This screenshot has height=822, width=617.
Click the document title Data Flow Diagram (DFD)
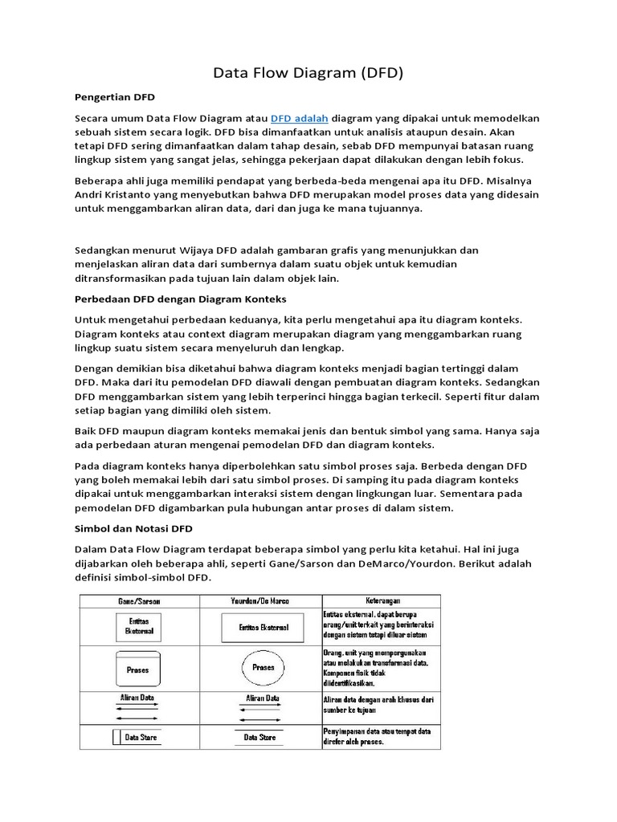coord(308,74)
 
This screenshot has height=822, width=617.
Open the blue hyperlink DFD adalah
coord(300,118)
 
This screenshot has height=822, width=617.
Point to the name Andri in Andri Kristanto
coord(90,194)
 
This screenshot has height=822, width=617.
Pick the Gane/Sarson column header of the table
coord(140,600)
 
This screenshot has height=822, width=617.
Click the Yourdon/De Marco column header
coord(261,600)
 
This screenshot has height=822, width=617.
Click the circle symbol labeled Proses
coord(263,667)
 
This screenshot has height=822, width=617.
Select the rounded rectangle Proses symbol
coord(137,669)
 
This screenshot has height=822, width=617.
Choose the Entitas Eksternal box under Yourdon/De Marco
coord(263,627)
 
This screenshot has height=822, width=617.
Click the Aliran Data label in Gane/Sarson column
coord(137,698)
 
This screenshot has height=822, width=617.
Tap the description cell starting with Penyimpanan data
coord(381,736)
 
